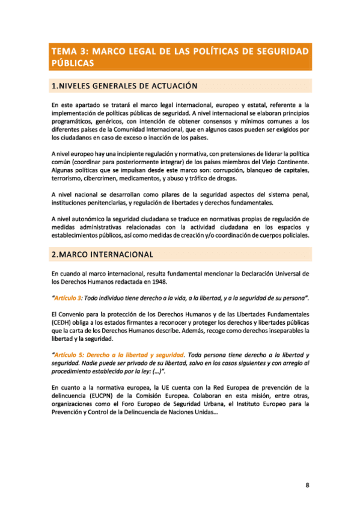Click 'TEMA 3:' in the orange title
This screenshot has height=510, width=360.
click(x=70, y=52)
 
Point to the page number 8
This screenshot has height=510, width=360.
click(x=307, y=467)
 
